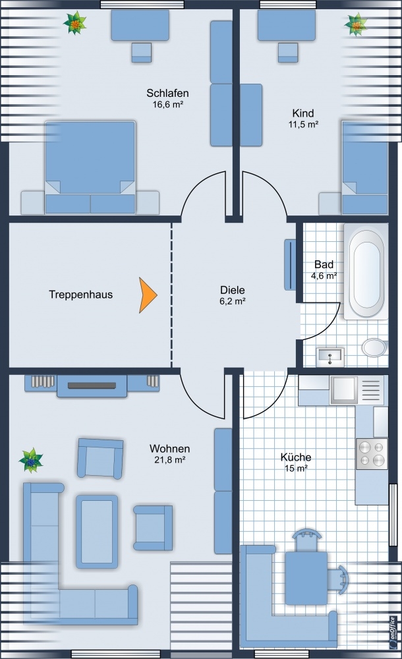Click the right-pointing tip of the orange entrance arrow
click(x=158, y=295)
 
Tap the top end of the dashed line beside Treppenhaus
click(x=171, y=223)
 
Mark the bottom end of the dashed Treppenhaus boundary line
click(x=171, y=368)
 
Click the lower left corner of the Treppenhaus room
click(x=9, y=367)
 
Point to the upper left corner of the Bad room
click(x=303, y=223)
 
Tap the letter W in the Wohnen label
click(x=154, y=448)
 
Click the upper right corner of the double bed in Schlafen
click(x=135, y=122)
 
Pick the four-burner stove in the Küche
click(x=372, y=453)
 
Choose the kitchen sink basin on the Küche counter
click(x=344, y=389)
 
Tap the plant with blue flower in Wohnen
click(x=31, y=460)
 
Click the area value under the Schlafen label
click(x=167, y=104)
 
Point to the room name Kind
click(x=302, y=113)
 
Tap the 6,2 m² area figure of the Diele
click(x=232, y=301)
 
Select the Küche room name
click(x=296, y=457)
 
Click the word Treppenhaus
click(x=81, y=294)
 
